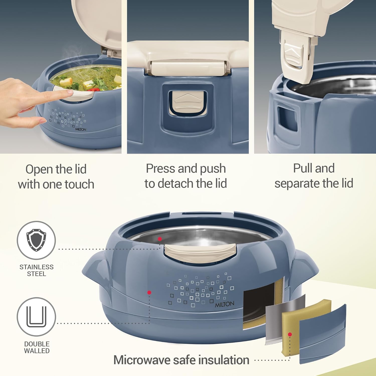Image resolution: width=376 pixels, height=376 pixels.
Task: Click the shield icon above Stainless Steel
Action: pyautogui.click(x=36, y=240)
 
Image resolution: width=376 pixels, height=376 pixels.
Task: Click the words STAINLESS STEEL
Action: pyautogui.click(x=37, y=270)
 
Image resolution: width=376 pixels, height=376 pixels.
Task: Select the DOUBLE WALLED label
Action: pyautogui.click(x=37, y=347)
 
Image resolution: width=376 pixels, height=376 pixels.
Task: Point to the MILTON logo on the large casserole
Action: pyautogui.click(x=224, y=304)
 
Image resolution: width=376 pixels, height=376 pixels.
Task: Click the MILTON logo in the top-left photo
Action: pyautogui.click(x=80, y=129)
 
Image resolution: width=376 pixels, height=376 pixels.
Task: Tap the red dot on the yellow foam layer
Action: pyautogui.click(x=290, y=334)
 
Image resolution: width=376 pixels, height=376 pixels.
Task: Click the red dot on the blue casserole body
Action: pyautogui.click(x=149, y=293)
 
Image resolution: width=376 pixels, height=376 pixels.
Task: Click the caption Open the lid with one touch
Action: pyautogui.click(x=56, y=176)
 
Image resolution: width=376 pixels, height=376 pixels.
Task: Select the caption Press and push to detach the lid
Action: pyautogui.click(x=186, y=176)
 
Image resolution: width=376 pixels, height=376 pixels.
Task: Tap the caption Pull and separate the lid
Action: pyautogui.click(x=314, y=176)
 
